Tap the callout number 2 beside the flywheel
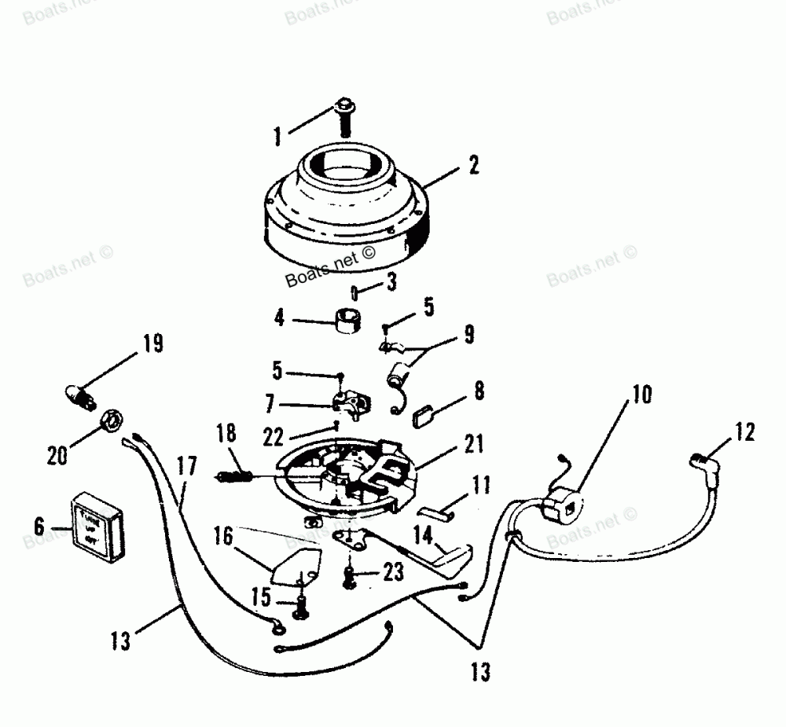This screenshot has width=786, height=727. click(x=472, y=165)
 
